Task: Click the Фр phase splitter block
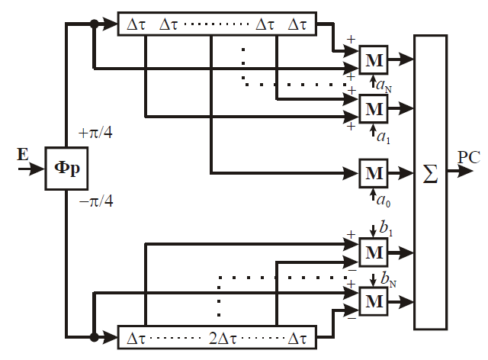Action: (x=66, y=169)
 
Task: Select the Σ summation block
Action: (x=430, y=182)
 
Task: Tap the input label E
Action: (x=22, y=155)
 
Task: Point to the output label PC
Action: (x=469, y=157)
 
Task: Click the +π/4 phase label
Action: (x=95, y=133)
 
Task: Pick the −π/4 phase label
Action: (x=96, y=201)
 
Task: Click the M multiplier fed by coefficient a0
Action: (x=374, y=173)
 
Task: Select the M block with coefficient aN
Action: (x=374, y=60)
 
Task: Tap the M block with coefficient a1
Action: (x=374, y=109)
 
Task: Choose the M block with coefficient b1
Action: (x=374, y=252)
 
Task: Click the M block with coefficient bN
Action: (x=374, y=301)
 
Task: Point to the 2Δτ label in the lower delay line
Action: (x=223, y=338)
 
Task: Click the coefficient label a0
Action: (x=383, y=200)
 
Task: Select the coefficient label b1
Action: (x=386, y=228)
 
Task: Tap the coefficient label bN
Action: (x=388, y=278)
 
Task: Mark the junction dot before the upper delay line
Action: (x=94, y=24)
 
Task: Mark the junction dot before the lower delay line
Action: (x=94, y=337)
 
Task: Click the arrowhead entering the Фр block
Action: (x=37, y=169)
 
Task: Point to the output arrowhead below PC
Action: (x=466, y=172)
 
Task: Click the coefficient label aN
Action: (x=384, y=85)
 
